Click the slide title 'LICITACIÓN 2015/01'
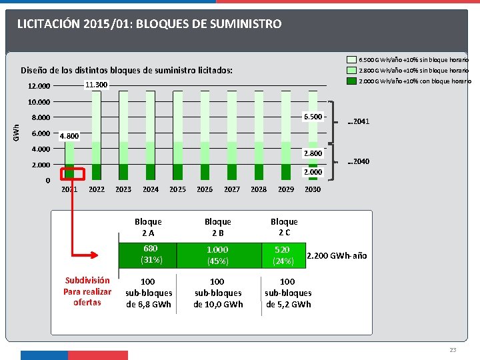pyautogui.click(x=149, y=24)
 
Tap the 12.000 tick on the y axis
pyautogui.click(x=39, y=86)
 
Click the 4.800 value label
pyautogui.click(x=69, y=136)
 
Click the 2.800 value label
pyautogui.click(x=313, y=153)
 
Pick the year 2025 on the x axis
pyautogui.click(x=177, y=189)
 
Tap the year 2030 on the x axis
pyautogui.click(x=313, y=189)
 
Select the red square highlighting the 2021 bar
pyautogui.click(x=72, y=173)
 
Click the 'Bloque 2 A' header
pyautogui.click(x=148, y=227)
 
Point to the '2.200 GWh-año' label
pyautogui.click(x=337, y=256)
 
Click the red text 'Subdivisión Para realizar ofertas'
pyautogui.click(x=87, y=291)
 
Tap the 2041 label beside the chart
pyautogui.click(x=359, y=121)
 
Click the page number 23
pyautogui.click(x=453, y=350)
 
